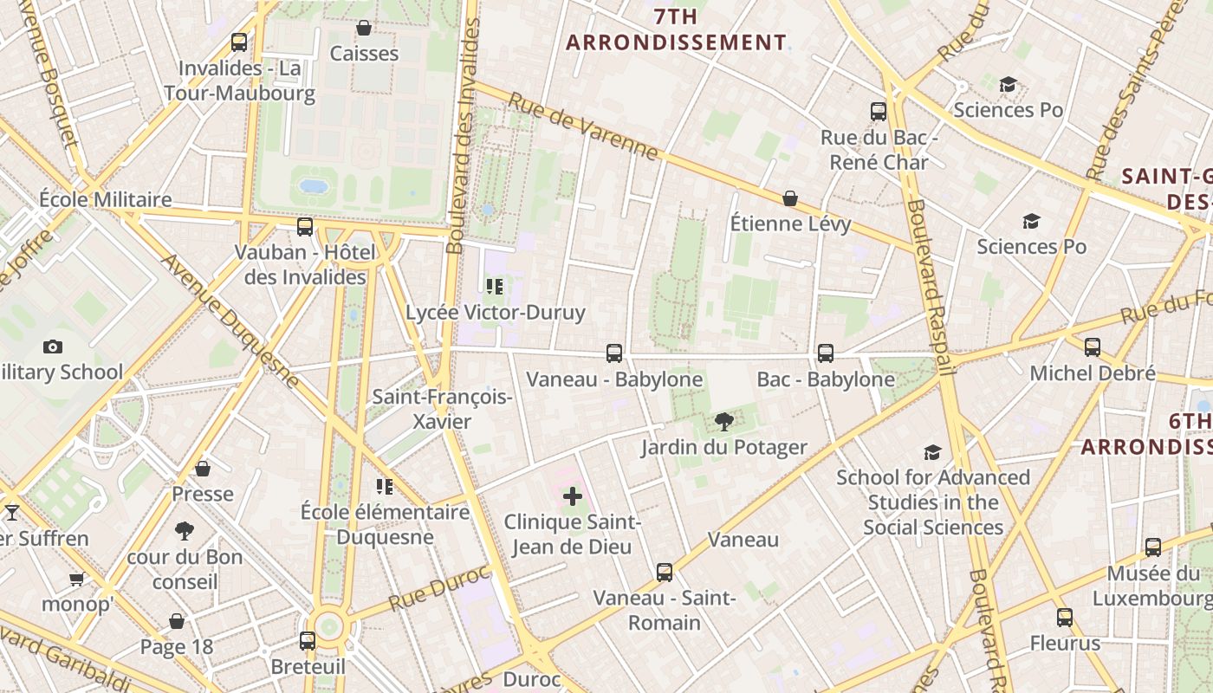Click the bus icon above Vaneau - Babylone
coord(614,353)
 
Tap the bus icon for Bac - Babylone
coord(826,353)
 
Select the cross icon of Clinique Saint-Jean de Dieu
coord(573,496)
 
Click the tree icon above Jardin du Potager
coord(723,422)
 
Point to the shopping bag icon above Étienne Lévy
coord(790,198)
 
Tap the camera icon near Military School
coord(53,346)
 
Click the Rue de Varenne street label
coord(583,126)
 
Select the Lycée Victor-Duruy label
coord(496,313)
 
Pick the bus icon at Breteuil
coord(308,641)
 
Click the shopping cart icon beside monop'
coord(77,579)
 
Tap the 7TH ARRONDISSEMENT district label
coord(677,29)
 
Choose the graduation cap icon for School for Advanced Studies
coord(932,452)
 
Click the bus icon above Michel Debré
coord(1093,347)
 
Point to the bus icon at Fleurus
coord(1065,618)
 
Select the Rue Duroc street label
coord(439,588)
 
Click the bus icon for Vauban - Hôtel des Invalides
coord(305,227)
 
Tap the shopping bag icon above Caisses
coord(364,28)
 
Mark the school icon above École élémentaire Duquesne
coord(385,487)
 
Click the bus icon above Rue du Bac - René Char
coord(879,111)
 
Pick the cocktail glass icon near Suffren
coord(12,513)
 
